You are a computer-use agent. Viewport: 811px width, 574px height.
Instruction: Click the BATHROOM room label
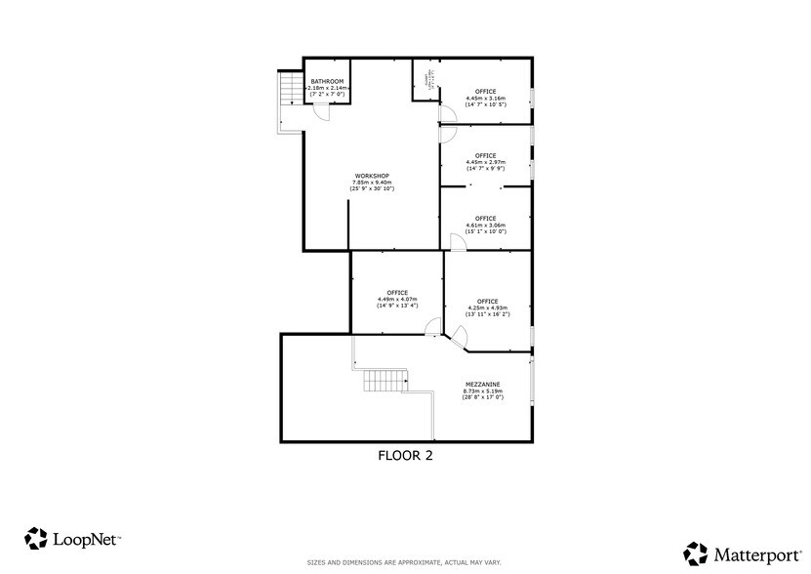coord(327,81)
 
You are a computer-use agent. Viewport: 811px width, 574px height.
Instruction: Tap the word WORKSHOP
coord(372,176)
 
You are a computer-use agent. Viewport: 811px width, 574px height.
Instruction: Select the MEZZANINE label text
coord(483,385)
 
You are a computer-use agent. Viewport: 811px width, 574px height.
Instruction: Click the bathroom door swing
coord(321,112)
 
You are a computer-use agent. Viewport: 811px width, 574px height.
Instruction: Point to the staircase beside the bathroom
coord(289,92)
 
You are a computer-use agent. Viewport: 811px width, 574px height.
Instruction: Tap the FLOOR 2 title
coord(405,455)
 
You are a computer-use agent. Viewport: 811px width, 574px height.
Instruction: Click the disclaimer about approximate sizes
coord(405,562)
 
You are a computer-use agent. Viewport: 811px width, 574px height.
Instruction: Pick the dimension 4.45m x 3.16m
coord(485,99)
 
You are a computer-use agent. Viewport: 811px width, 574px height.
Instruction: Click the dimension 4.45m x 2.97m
coord(485,162)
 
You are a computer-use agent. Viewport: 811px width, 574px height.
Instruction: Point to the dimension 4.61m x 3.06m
coord(485,225)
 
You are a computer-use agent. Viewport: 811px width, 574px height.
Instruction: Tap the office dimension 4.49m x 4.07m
coord(397,300)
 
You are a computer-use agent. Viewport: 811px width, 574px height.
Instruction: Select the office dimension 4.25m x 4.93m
coord(488,307)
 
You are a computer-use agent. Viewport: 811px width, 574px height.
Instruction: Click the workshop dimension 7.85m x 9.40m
coord(372,183)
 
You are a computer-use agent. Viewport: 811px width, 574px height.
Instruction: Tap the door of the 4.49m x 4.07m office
coord(432,328)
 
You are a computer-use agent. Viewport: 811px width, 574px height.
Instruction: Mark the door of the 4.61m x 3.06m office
coord(452,241)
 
